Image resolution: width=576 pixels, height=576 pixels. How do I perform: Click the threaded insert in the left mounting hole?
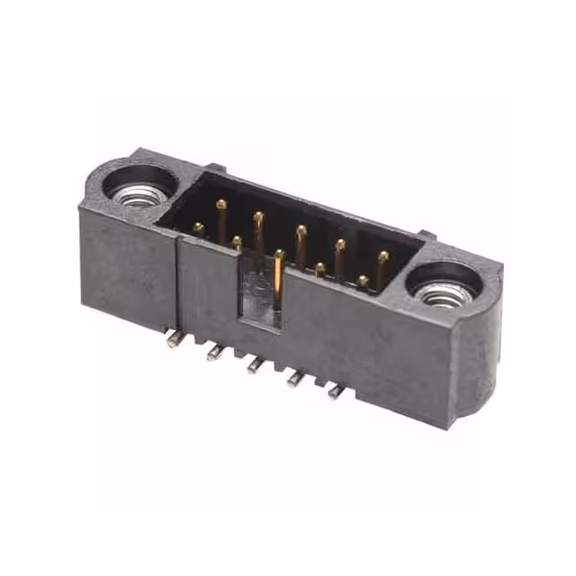[x=138, y=193]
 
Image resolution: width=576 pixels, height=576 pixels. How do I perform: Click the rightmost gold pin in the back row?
[x=382, y=257]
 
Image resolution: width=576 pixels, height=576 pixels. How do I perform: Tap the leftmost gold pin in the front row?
[x=198, y=228]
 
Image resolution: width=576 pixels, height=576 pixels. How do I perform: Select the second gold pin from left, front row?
[x=236, y=241]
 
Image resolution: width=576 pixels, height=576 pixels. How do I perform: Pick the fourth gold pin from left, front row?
[x=320, y=267]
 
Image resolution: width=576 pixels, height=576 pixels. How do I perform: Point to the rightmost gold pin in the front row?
[x=363, y=281]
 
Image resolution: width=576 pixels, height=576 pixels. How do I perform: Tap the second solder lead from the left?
[x=214, y=353]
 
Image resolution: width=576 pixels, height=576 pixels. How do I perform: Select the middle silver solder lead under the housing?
[x=255, y=365]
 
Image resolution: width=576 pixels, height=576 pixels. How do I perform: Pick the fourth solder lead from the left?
[x=293, y=380]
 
